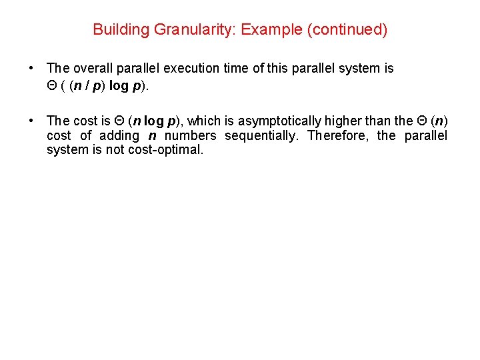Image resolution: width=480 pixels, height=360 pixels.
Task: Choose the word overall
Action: [92, 68]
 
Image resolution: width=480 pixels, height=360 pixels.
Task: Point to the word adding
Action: [119, 135]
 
